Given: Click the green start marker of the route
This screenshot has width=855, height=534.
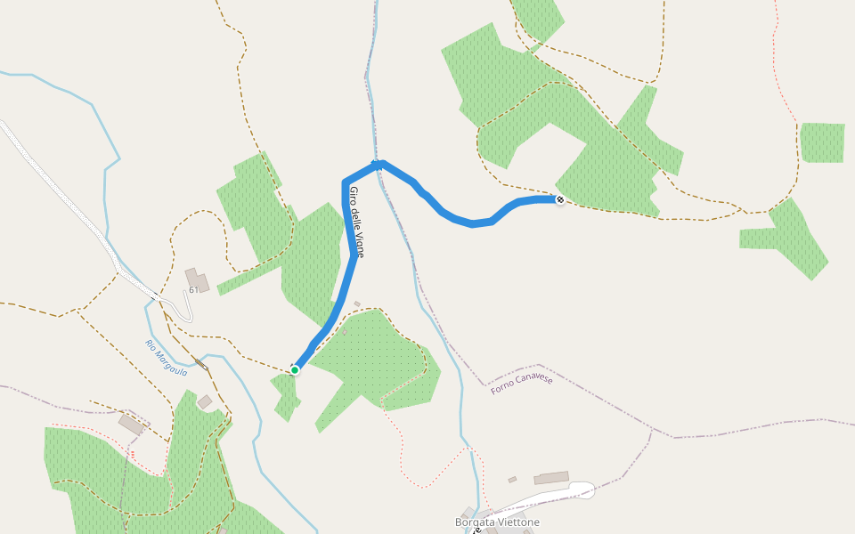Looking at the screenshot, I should pyautogui.click(x=295, y=369).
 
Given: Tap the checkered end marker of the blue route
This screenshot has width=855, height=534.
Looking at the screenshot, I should pyautogui.click(x=559, y=199).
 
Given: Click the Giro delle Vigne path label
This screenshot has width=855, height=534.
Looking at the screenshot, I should pyautogui.click(x=356, y=222).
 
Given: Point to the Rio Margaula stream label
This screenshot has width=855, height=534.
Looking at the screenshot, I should pyautogui.click(x=167, y=358).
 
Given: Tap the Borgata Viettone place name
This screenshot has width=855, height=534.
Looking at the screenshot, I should pyautogui.click(x=497, y=522).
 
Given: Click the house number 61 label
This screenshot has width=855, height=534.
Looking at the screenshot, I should pyautogui.click(x=193, y=290).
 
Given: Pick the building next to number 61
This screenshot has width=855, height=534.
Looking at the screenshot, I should pyautogui.click(x=198, y=279).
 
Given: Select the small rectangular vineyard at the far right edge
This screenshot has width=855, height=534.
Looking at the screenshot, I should pyautogui.click(x=822, y=142).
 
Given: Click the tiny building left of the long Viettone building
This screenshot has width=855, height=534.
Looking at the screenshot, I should pyautogui.click(x=512, y=480).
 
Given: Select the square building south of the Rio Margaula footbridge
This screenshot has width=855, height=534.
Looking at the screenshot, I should pyautogui.click(x=205, y=402).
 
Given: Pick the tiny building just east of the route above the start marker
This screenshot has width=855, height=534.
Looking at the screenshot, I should pyautogui.click(x=357, y=304).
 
